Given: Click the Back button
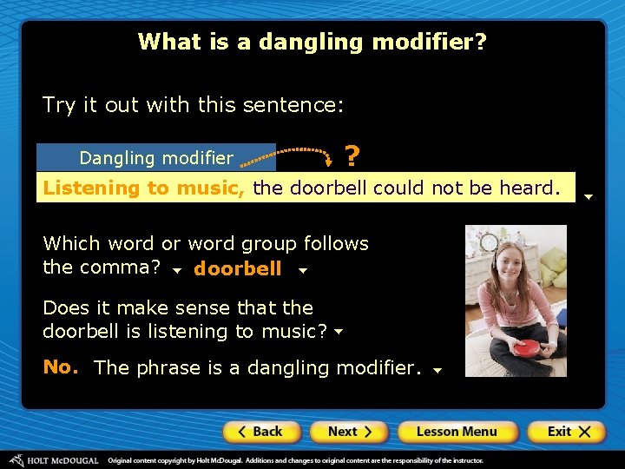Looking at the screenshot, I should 261,432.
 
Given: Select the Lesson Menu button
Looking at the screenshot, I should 457,432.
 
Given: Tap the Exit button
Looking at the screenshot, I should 565,432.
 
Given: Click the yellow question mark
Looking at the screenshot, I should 352,156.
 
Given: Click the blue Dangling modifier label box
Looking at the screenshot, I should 156,157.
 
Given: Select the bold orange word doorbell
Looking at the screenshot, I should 237,269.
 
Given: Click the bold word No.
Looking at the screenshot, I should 61,367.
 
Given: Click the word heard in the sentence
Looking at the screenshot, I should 528,188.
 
